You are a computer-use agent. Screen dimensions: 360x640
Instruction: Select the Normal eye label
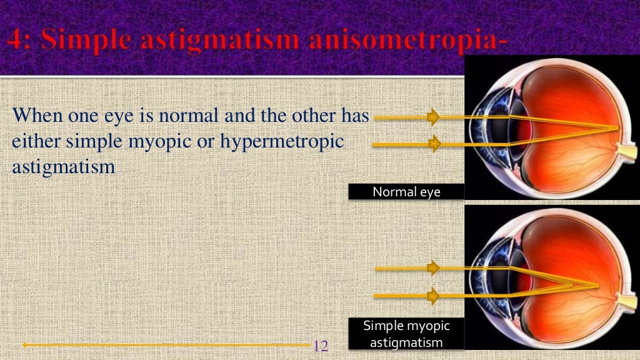(406, 192)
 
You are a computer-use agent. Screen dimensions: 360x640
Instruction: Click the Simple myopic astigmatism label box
(406, 334)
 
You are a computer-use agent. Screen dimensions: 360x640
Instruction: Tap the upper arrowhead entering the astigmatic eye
(432, 268)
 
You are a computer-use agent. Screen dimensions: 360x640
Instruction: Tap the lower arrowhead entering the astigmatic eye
(432, 294)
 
